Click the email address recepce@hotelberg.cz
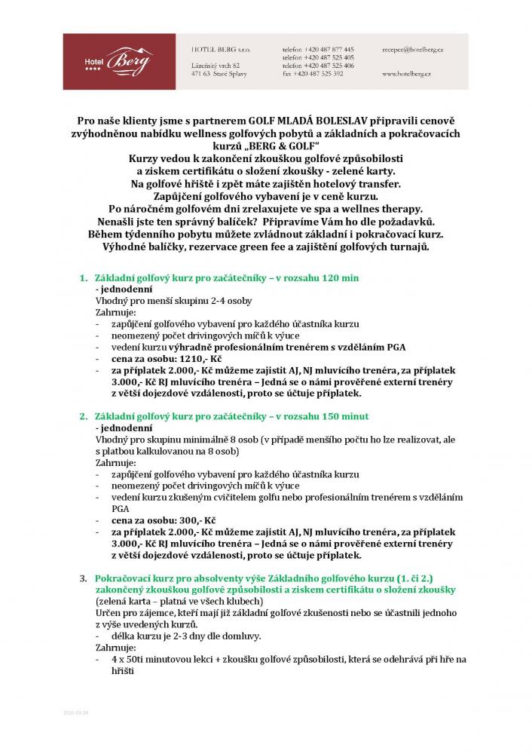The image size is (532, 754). click(x=411, y=48)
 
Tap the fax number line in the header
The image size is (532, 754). click(x=313, y=74)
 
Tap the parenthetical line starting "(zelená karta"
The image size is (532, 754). click(x=179, y=600)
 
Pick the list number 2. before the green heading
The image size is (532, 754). click(x=84, y=416)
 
